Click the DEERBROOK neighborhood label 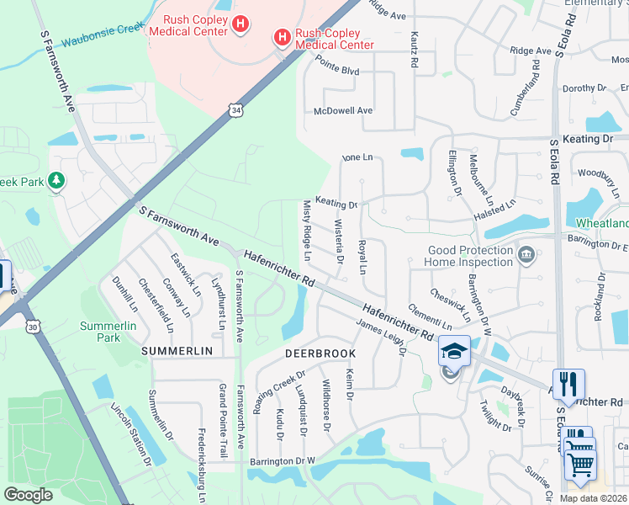coord(320,353)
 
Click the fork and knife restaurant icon coord(568,384)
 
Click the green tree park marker coord(56,180)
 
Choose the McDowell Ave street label coord(342,110)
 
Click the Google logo coord(28,495)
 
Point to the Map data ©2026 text coord(593,498)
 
